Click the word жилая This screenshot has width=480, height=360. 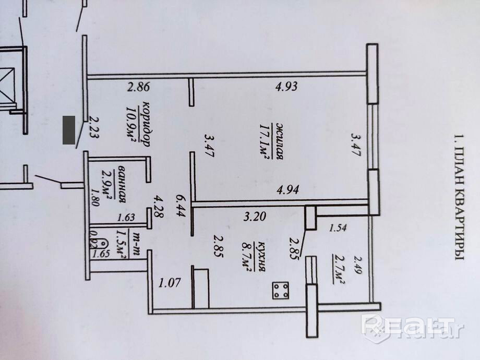[x=280, y=141]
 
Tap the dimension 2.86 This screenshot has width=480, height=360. [x=139, y=87]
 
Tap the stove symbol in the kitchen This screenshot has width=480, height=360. [x=281, y=290]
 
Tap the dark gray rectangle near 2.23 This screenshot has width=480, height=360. [x=68, y=130]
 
